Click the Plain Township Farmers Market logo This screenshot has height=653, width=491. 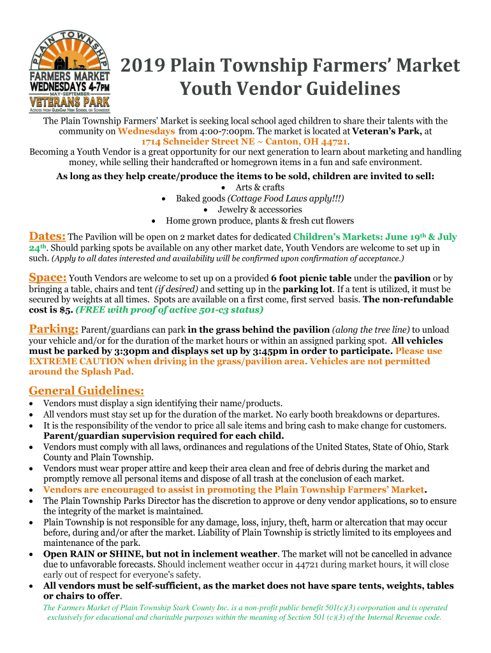[x=70, y=69]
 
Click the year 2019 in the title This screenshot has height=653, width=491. [x=144, y=66]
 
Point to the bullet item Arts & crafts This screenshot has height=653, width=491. [x=260, y=187]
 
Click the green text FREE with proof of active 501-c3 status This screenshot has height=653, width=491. [x=169, y=310]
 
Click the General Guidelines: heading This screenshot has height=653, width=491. [x=87, y=390]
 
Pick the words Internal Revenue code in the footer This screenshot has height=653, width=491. [x=401, y=617]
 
